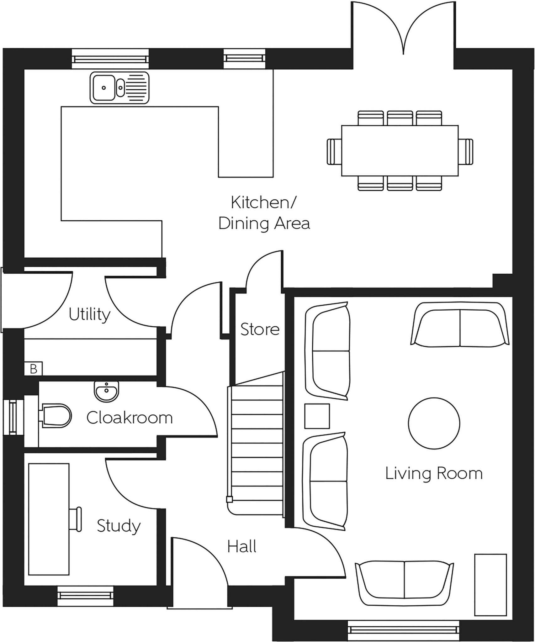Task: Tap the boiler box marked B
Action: [x=34, y=369]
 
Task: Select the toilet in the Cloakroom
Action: [x=56, y=416]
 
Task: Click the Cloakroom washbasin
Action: [x=107, y=392]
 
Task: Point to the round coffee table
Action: [x=434, y=423]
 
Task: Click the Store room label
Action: [x=260, y=329]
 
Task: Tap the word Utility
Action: [x=89, y=314]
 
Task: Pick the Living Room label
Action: [x=434, y=474]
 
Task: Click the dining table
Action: [x=400, y=150]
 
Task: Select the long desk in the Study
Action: [x=49, y=519]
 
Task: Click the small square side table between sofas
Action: [x=317, y=416]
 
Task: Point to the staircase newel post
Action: [x=229, y=499]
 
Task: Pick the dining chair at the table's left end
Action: [x=334, y=151]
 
